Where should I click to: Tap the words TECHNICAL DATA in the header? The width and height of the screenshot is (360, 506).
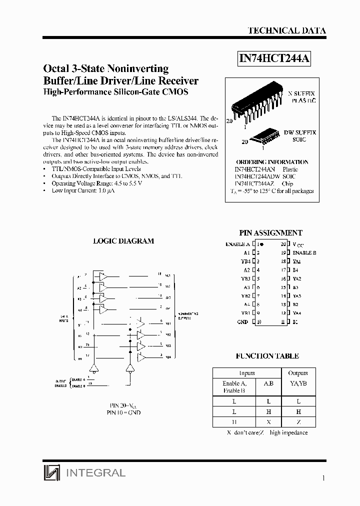[x=286, y=30]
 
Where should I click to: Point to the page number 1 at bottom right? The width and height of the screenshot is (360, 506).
[x=324, y=478]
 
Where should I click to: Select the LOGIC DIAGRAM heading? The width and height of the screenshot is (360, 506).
[x=123, y=241]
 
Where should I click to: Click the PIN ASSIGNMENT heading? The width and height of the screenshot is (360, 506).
[x=270, y=233]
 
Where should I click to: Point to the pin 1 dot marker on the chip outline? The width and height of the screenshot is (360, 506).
[x=261, y=244]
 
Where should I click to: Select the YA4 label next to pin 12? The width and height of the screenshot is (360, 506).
[x=297, y=313]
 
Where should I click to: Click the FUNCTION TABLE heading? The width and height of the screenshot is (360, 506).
[x=267, y=356]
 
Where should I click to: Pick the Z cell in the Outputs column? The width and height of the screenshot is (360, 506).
[x=298, y=422]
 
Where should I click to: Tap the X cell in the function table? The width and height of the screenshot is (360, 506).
[x=268, y=422]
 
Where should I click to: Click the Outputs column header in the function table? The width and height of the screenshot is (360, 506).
[x=298, y=373]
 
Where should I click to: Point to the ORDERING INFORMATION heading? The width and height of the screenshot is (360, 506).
[x=271, y=162]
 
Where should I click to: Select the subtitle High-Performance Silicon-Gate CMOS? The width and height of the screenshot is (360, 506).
[x=115, y=92]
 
